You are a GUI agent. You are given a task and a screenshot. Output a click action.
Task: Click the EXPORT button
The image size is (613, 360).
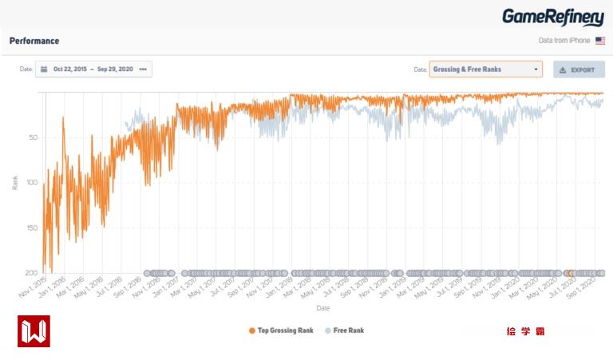pyautogui.click(x=579, y=69)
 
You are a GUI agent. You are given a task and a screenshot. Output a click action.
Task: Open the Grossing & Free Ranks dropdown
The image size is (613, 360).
pyautogui.click(x=485, y=69)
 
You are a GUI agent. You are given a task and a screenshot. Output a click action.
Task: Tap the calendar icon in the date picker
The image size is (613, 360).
pyautogui.click(x=44, y=69)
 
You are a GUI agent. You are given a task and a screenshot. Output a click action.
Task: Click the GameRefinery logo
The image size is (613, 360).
pyautogui.click(x=552, y=17)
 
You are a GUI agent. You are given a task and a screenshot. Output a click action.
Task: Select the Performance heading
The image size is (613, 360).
pyautogui.click(x=34, y=41)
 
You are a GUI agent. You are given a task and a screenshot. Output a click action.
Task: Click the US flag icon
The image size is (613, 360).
pyautogui.click(x=600, y=41)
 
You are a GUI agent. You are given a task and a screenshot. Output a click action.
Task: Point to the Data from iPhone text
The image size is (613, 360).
pyautogui.click(x=564, y=41)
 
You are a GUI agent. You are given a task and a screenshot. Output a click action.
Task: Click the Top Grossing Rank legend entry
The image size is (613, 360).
pyautogui.click(x=281, y=330)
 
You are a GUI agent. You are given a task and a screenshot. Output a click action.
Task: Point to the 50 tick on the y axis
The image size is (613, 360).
pyautogui.click(x=33, y=137)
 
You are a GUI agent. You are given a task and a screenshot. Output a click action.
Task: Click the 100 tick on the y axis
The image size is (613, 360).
pyautogui.click(x=31, y=183)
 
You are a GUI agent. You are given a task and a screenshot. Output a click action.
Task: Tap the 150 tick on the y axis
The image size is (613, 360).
pyautogui.click(x=31, y=228)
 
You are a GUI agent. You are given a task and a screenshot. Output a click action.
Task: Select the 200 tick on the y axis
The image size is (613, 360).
pyautogui.click(x=31, y=273)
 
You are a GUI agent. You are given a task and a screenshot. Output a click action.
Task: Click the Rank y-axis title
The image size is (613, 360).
pyautogui.click(x=14, y=183)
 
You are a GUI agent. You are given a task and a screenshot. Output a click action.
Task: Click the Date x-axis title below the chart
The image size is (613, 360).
pyautogui.click(x=322, y=307)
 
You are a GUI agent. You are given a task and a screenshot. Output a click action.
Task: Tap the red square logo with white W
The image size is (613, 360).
pyautogui.click(x=34, y=330)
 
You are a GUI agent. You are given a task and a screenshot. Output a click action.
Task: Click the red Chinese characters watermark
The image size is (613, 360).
pyautogui.click(x=524, y=330)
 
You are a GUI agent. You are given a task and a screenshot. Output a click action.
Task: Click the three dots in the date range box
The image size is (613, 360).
pyautogui.click(x=143, y=69)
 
